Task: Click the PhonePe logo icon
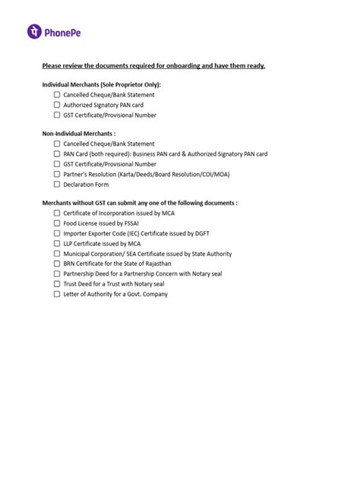34,32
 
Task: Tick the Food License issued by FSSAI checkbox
57,224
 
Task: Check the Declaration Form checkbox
57,184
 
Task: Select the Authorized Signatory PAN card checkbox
57,106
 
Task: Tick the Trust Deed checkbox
57,284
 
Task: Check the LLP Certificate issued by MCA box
57,244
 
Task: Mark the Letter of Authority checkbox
57,294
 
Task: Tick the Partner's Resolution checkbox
57,174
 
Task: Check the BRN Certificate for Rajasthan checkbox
57,264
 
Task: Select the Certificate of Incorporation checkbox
57,214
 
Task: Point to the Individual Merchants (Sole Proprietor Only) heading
101,84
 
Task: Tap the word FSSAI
131,224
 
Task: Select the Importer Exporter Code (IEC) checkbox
57,234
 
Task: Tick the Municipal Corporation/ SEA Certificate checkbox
57,254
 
